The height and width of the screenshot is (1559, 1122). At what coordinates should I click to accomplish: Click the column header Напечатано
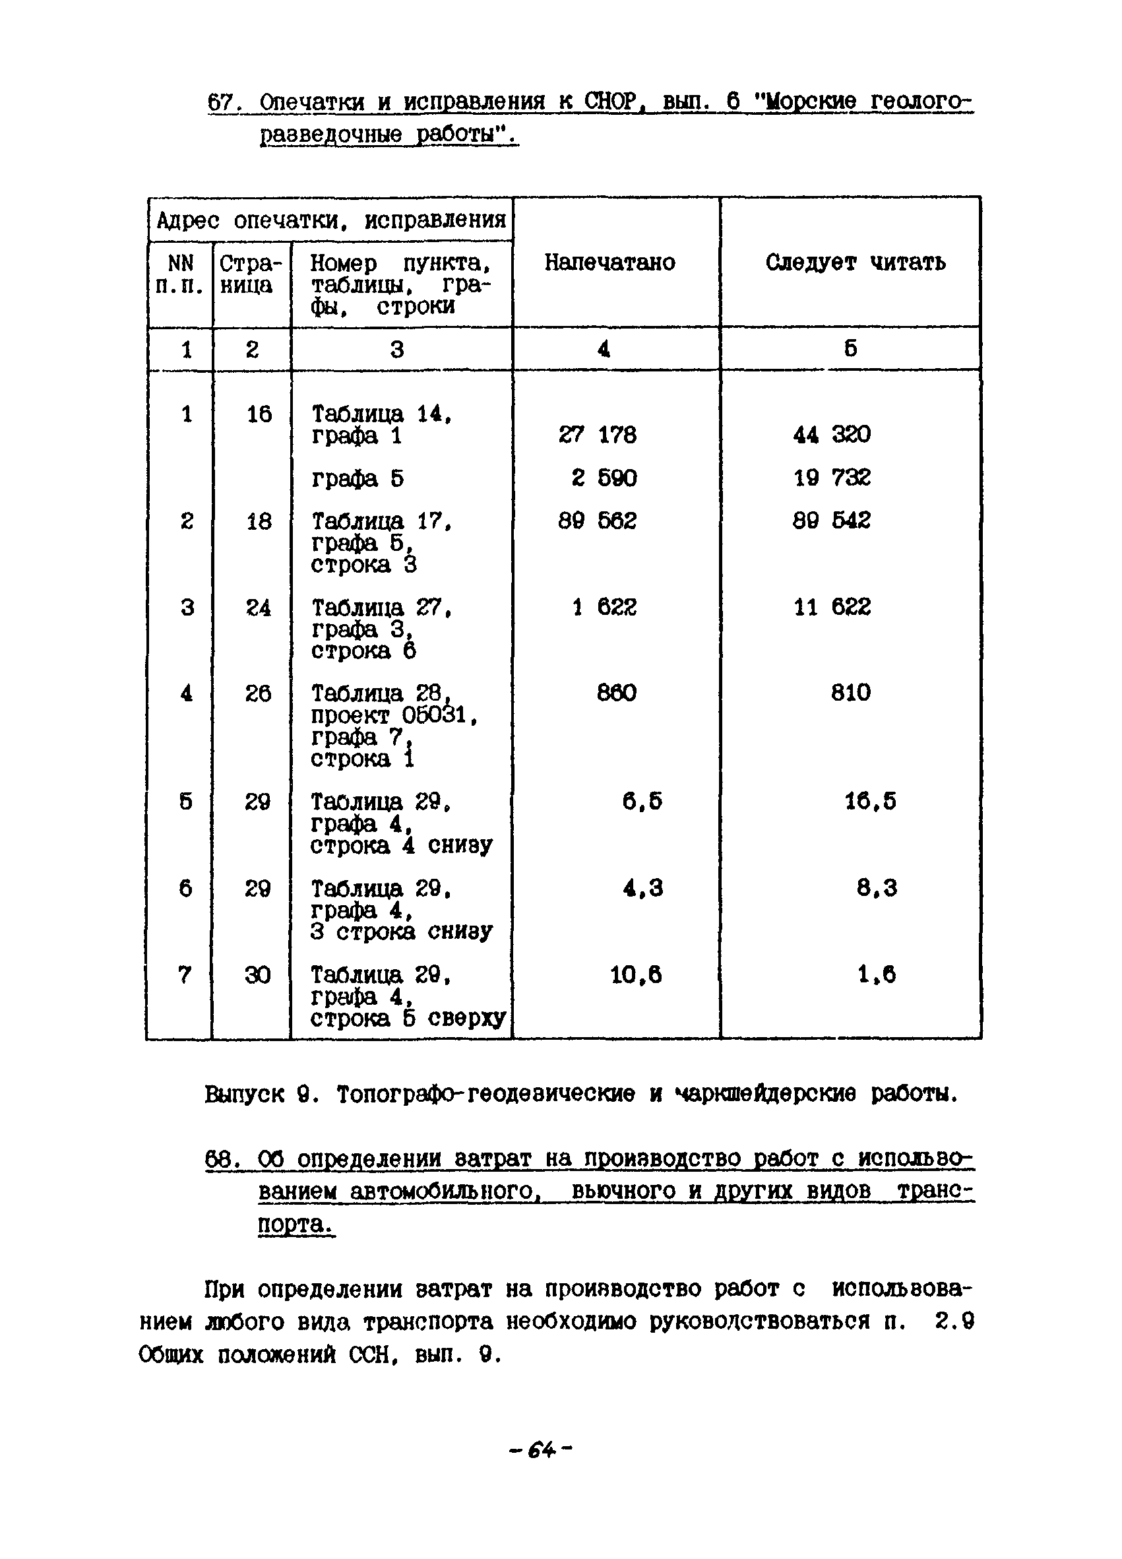609,262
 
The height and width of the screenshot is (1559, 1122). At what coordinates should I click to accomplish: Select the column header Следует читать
855,262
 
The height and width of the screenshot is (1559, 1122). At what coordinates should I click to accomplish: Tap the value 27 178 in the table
597,434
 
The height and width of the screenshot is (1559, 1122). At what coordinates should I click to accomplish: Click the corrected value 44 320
831,433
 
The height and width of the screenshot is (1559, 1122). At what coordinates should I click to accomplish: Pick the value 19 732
831,477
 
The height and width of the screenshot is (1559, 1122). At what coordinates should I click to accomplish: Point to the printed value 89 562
597,521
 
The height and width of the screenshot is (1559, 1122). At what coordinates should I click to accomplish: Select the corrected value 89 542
831,521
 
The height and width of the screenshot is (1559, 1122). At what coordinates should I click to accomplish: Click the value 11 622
831,606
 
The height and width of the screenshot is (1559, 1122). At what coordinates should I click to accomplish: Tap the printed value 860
616,692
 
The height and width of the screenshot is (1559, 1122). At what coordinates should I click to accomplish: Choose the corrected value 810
851,692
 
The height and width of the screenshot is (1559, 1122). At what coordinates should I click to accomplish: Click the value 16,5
870,802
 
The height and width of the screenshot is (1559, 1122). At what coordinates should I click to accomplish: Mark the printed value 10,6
636,974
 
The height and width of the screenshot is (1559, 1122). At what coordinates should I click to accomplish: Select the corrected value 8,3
876,888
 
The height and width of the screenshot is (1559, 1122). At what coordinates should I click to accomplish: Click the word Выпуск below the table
244,1094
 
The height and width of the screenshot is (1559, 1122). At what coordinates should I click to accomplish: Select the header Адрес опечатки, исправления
331,220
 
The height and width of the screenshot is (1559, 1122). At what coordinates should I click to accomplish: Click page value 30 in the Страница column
258,974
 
